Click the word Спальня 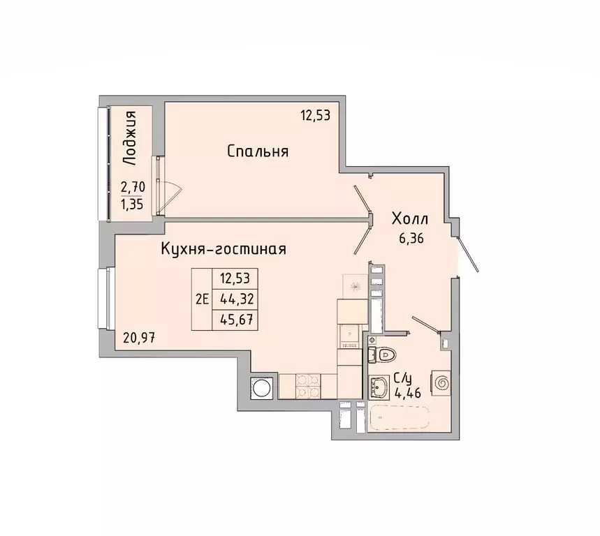258,151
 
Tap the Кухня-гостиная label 224,249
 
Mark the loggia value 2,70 133,187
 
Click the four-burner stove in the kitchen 307,386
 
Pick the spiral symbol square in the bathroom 441,382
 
